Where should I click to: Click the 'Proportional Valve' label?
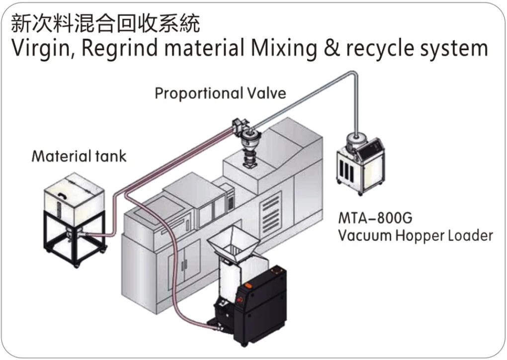221,93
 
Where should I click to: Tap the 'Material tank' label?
79,156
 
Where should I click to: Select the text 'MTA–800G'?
375,218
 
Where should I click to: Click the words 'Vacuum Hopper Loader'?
416,236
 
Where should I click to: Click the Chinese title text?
105,23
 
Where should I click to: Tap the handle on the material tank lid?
62,194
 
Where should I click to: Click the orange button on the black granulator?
249,285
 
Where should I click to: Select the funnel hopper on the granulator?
233,243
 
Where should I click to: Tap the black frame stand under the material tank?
75,240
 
